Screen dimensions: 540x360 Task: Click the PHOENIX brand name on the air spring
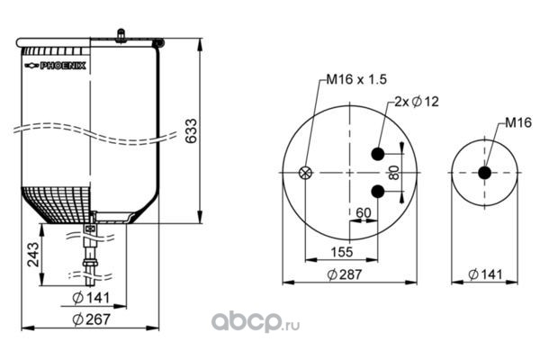63,66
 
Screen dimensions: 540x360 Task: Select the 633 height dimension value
191,130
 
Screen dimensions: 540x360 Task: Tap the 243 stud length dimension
34,255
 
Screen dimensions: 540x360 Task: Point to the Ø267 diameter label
91,319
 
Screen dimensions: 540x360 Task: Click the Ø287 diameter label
345,274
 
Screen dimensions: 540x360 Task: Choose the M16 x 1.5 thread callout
356,79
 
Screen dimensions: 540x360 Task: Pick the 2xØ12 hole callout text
417,102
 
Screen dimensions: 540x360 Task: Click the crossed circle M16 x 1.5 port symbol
305,173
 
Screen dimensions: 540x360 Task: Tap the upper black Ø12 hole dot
378,154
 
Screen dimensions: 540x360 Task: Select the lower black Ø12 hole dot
378,191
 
